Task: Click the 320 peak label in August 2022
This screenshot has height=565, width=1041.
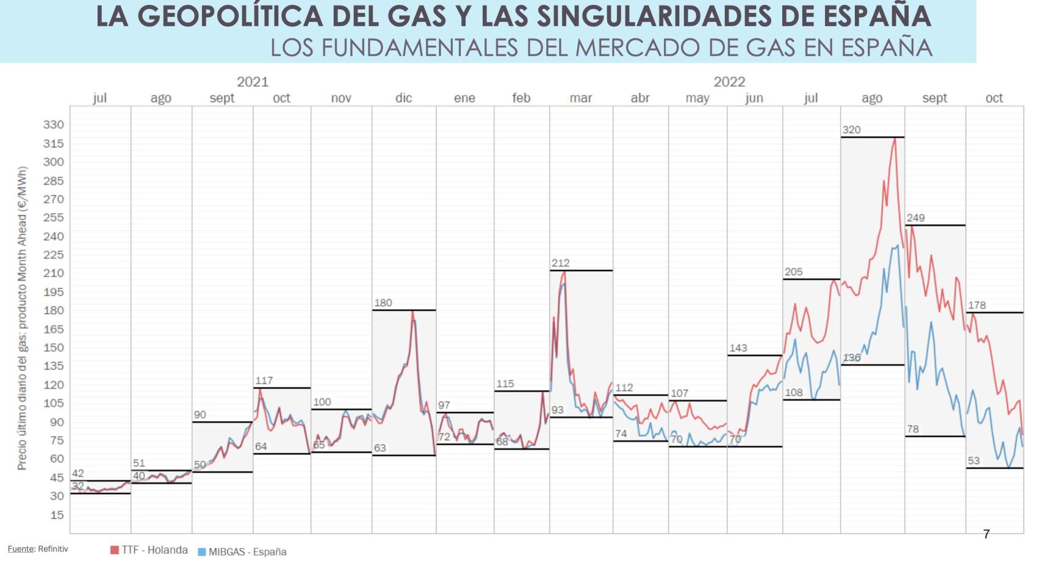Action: tap(851, 130)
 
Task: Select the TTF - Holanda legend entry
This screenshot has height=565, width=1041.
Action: tap(149, 550)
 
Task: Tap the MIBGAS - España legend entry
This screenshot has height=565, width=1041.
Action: tap(242, 552)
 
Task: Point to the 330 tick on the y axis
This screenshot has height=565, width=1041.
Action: tap(53, 125)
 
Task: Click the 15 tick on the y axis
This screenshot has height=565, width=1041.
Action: tap(56, 515)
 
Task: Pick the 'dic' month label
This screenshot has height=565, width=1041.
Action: tap(403, 98)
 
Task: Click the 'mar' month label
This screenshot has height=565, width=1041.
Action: tap(580, 98)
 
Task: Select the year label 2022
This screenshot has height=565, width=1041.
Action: tap(729, 82)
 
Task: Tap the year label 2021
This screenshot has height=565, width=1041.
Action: tap(253, 82)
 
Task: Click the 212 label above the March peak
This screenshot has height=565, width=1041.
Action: tap(560, 263)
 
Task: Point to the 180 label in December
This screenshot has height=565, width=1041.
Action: tap(383, 303)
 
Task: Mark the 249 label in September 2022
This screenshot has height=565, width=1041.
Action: tap(915, 218)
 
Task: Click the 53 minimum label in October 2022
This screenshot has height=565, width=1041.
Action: tap(974, 461)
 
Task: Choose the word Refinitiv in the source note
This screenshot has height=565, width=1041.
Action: tap(53, 549)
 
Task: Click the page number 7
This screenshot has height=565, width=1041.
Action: tap(986, 534)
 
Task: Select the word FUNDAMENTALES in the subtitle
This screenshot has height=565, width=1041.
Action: tap(422, 47)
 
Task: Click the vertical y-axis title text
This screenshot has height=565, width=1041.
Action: tap(22, 318)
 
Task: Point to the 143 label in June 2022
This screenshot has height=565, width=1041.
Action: tap(738, 348)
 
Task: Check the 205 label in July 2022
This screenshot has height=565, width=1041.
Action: tap(793, 272)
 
